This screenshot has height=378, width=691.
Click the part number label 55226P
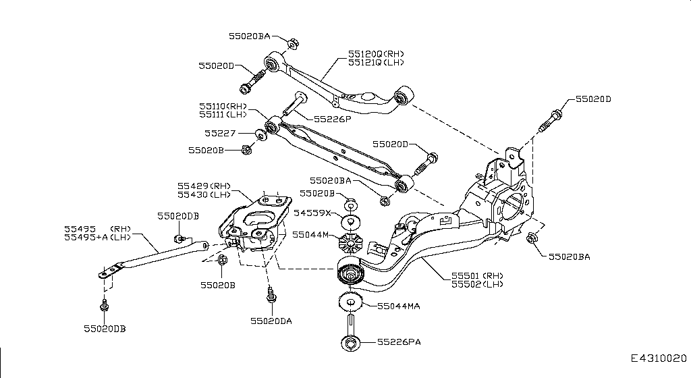(x=331, y=119)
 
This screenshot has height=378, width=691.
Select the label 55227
(x=219, y=134)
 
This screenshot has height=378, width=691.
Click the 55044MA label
(x=399, y=306)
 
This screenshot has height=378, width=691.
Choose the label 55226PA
(x=399, y=343)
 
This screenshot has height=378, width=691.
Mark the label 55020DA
(x=271, y=321)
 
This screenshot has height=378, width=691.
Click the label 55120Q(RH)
(x=376, y=53)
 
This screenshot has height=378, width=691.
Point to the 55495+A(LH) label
(x=96, y=237)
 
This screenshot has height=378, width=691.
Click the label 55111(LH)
(x=223, y=116)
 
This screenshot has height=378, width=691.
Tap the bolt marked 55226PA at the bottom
(x=351, y=337)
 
